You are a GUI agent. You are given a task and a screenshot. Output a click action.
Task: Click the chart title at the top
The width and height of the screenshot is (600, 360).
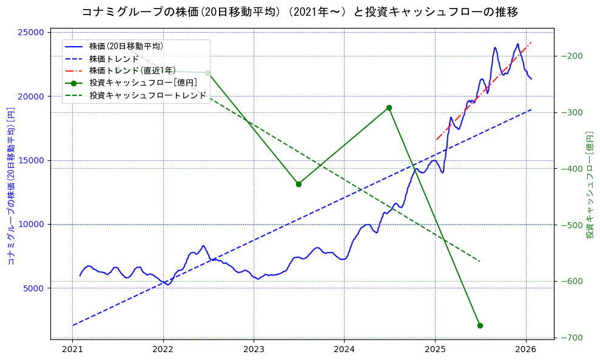click(x=300, y=12)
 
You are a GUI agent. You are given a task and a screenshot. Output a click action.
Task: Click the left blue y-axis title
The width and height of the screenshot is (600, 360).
click(x=11, y=186)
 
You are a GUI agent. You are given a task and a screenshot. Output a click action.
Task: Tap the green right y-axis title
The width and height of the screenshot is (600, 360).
click(x=589, y=185)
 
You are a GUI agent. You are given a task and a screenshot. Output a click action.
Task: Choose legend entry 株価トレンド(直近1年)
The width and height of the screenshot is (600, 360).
click(x=133, y=70)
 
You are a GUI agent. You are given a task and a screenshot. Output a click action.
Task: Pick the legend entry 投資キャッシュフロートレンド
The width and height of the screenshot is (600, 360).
click(x=147, y=95)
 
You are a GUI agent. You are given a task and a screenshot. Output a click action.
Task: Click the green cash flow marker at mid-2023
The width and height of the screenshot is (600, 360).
click(x=298, y=184)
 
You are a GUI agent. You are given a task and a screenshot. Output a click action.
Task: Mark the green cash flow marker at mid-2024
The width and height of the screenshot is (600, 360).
click(x=389, y=107)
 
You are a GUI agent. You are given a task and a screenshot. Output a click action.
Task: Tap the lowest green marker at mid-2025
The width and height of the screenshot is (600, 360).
click(x=480, y=325)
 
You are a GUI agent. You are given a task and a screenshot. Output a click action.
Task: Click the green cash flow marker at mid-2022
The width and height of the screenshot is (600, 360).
click(x=207, y=73)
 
